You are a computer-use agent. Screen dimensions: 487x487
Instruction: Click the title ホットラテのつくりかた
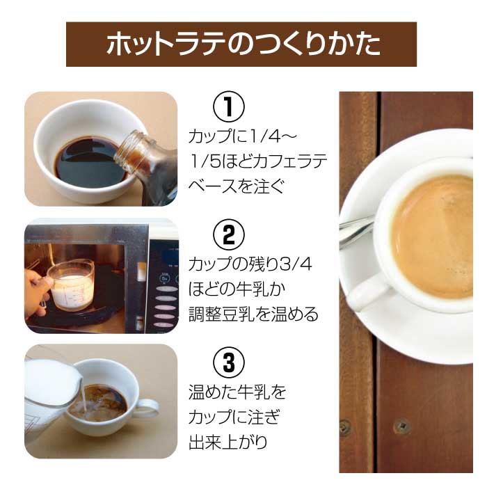(243, 44)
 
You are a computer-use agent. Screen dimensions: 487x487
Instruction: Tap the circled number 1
(229, 106)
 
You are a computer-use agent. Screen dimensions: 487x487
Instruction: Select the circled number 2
(229, 235)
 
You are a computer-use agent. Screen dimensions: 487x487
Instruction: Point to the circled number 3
(229, 362)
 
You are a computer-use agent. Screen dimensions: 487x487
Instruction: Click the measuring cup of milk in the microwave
(72, 284)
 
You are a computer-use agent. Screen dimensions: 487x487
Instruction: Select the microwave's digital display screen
(168, 254)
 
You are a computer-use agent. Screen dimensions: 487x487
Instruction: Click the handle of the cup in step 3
(147, 408)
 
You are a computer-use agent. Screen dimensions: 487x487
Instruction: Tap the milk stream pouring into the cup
(83, 394)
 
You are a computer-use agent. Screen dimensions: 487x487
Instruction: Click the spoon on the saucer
(357, 228)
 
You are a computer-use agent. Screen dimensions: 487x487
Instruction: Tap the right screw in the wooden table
(402, 425)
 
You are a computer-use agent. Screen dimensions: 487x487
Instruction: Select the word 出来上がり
(228, 442)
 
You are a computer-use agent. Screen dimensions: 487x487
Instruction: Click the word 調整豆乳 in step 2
(221, 314)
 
